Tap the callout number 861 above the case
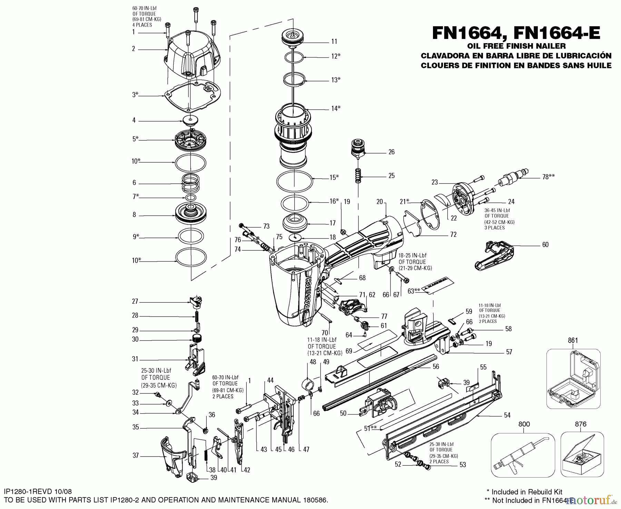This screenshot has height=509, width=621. click(x=573, y=341)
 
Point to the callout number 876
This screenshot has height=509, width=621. click(x=581, y=424)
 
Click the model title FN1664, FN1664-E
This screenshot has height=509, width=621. click(x=516, y=34)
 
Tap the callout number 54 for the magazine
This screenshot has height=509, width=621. click(x=507, y=415)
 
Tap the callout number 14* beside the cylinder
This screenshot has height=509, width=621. click(x=336, y=108)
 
